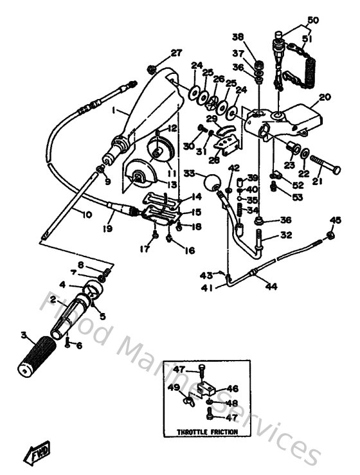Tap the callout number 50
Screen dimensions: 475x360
pos(312,20)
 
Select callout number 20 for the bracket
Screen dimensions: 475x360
pos(324,98)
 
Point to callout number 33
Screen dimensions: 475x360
pos(188,173)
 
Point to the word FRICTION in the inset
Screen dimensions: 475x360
pos(220,433)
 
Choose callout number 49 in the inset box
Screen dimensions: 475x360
pos(173,388)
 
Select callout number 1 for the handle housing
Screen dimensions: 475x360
pos(114,111)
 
